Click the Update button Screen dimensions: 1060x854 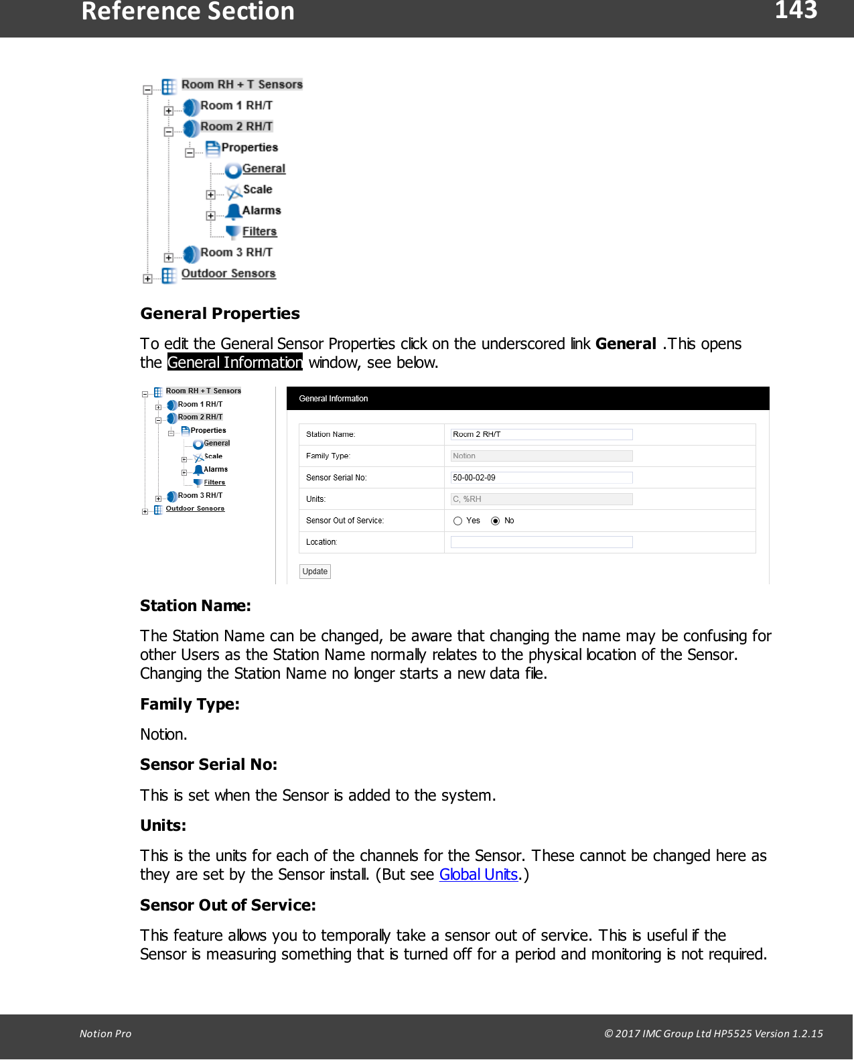315,572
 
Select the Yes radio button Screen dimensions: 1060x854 458,521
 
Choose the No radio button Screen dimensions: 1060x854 496,521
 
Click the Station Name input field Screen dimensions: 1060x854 541,434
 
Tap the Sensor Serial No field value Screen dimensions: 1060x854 541,478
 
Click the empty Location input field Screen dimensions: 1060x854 541,542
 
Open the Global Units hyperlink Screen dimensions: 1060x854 478,874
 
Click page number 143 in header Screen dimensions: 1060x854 796,11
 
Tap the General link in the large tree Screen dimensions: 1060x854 263,169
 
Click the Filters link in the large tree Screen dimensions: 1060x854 259,232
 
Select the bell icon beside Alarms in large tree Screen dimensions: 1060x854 233,212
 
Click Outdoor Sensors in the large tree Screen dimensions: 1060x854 228,273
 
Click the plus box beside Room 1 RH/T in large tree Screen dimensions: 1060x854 169,111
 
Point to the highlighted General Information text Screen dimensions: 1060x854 235,362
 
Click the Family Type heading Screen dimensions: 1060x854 190,704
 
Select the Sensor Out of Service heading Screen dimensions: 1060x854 228,905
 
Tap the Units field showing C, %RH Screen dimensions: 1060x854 541,499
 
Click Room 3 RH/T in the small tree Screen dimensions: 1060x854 200,496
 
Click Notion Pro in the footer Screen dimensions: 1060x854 105,1033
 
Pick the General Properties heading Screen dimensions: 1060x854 220,314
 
